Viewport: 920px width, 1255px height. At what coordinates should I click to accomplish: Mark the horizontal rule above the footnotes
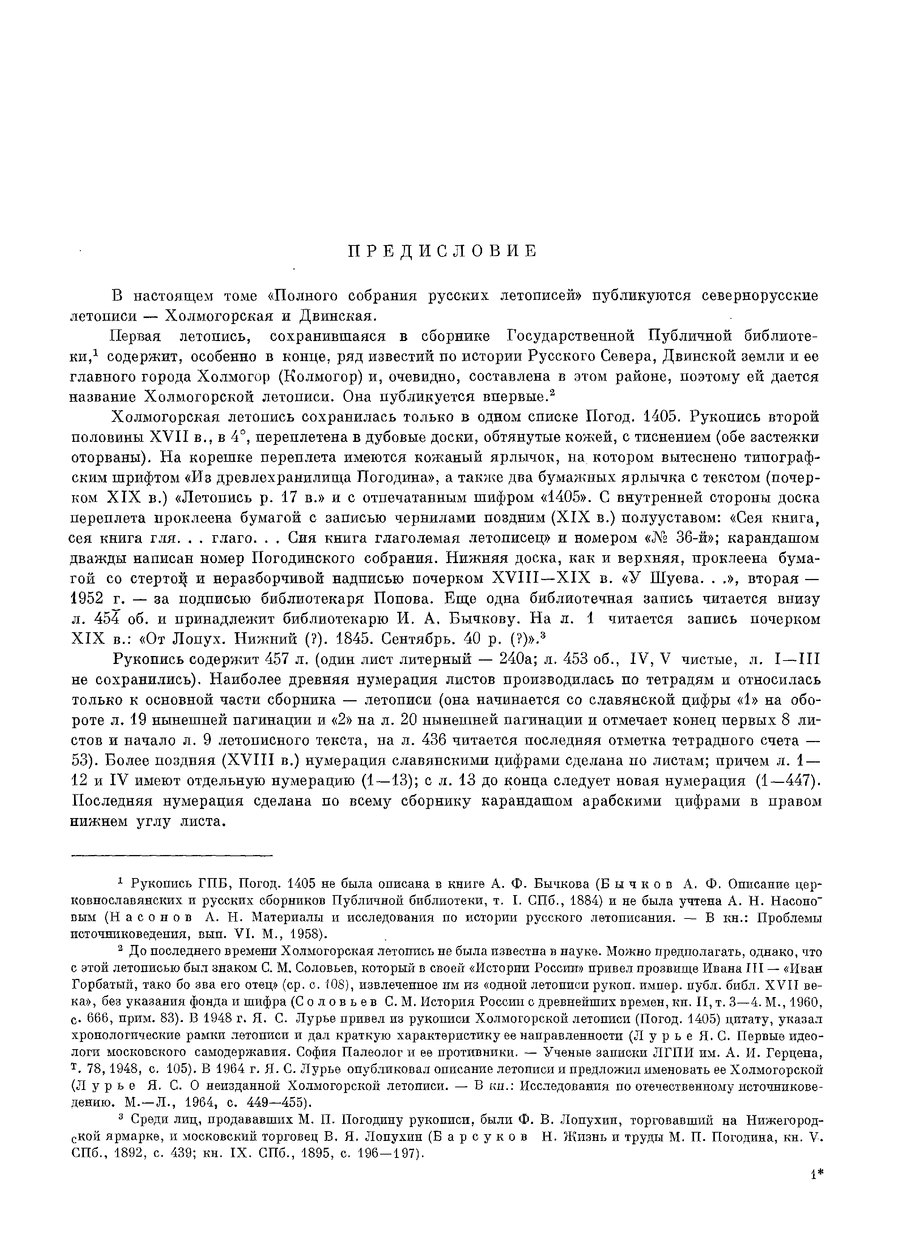tap(172, 855)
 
